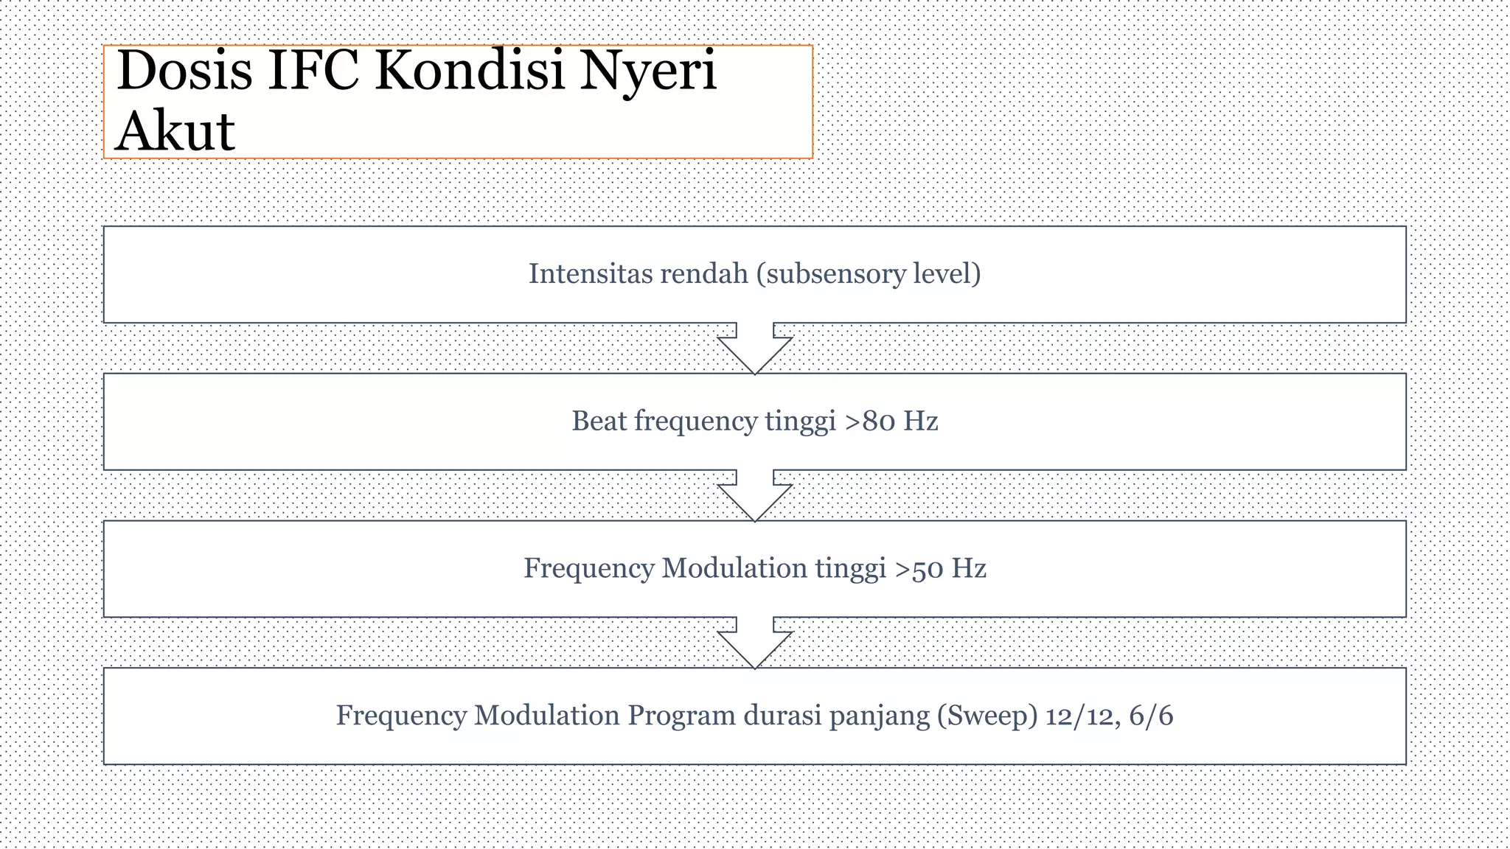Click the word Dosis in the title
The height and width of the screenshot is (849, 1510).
(x=184, y=71)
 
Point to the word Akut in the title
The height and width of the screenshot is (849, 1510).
(x=175, y=131)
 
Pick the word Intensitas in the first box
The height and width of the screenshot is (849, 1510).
(x=589, y=274)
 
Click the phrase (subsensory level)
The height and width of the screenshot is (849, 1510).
(x=868, y=274)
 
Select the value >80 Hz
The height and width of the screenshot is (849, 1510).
(x=891, y=422)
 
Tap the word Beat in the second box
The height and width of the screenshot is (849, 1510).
(x=599, y=422)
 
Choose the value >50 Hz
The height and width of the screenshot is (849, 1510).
(x=940, y=569)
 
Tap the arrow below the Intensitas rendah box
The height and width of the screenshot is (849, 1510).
(x=755, y=349)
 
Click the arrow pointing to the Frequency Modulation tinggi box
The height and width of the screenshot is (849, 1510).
(x=755, y=496)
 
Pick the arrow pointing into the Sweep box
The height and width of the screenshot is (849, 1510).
(x=755, y=643)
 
